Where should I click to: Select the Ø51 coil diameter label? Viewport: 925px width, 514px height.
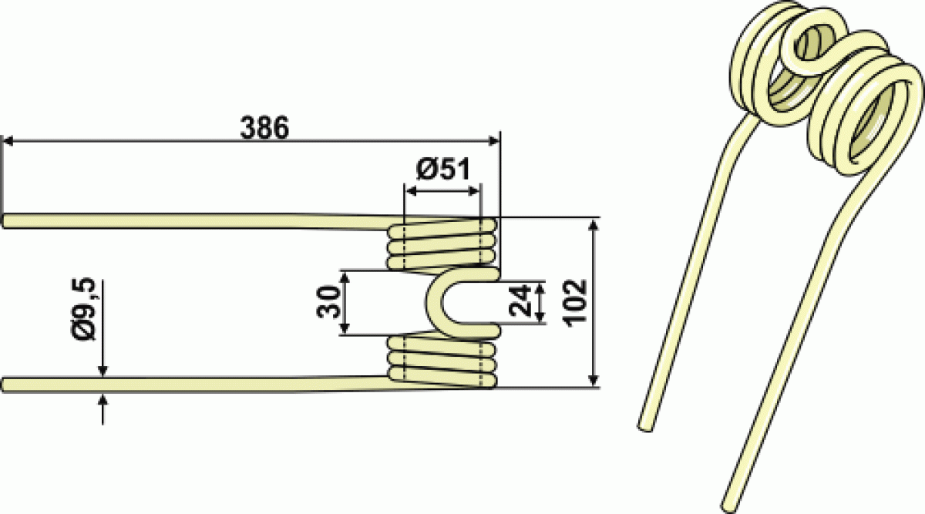pyautogui.click(x=443, y=170)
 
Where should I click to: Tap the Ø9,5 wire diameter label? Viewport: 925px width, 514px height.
pyautogui.click(x=84, y=309)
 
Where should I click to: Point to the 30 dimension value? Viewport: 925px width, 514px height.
pyautogui.click(x=328, y=302)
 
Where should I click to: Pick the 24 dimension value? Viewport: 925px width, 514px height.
pyautogui.click(x=520, y=300)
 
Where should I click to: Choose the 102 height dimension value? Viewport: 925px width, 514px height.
pyautogui.click(x=576, y=304)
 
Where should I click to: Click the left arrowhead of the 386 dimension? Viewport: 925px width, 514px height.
pyautogui.click(x=8, y=141)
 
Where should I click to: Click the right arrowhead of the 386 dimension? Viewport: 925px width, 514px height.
pyautogui.click(x=494, y=141)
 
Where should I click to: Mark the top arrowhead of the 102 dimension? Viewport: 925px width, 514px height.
pyautogui.click(x=594, y=226)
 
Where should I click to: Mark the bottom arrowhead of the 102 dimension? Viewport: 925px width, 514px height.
pyautogui.click(x=594, y=380)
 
